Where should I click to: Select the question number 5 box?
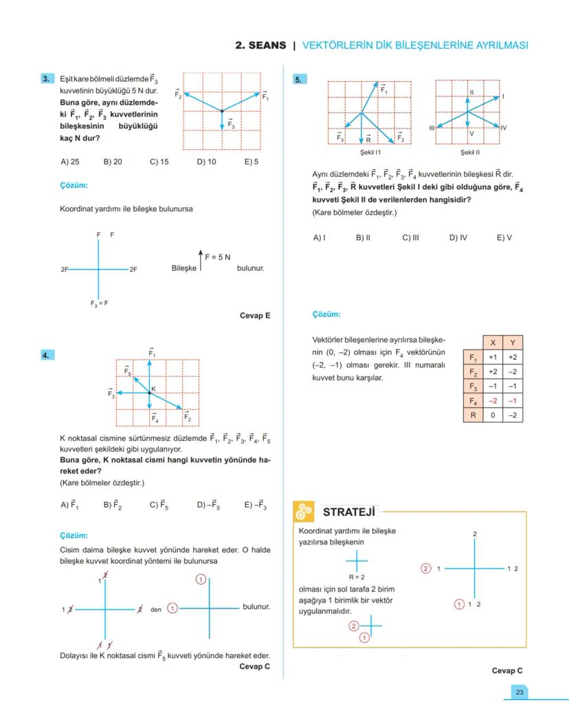(x=300, y=80)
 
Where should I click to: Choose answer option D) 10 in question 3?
(x=206, y=162)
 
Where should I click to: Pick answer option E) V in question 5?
(x=504, y=238)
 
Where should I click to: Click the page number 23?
(x=520, y=692)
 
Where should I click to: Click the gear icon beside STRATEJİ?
(x=303, y=512)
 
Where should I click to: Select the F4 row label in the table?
(x=472, y=400)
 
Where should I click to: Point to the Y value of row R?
(x=513, y=415)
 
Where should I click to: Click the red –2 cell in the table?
(x=493, y=400)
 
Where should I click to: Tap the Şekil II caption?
(x=470, y=152)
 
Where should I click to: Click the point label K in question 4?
(x=154, y=389)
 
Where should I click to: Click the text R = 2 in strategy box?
(x=357, y=577)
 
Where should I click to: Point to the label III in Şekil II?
(x=432, y=128)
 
